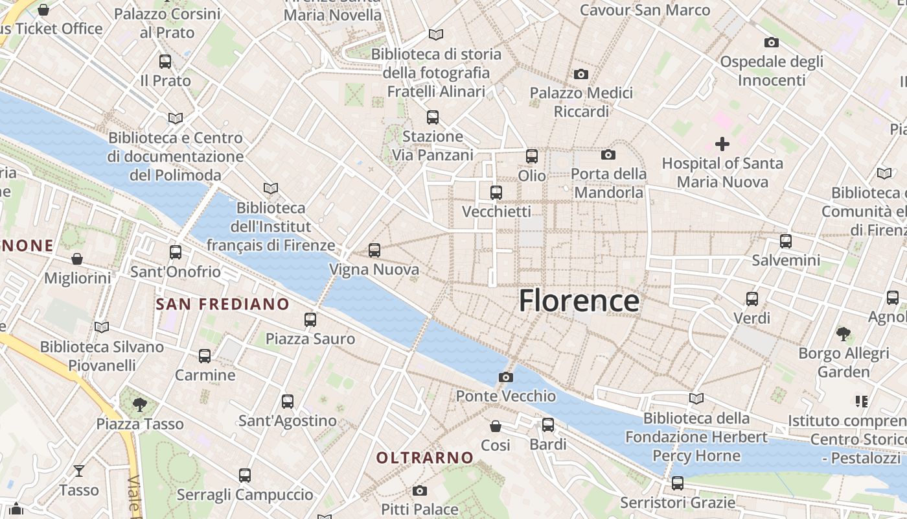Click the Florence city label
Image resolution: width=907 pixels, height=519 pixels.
pyautogui.click(x=579, y=302)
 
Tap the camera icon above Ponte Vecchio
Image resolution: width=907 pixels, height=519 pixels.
pyautogui.click(x=506, y=377)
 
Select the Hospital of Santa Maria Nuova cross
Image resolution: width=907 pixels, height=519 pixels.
pyautogui.click(x=722, y=144)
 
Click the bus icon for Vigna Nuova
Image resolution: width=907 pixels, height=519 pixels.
pyautogui.click(x=374, y=250)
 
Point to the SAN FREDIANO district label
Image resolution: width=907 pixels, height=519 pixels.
pyautogui.click(x=223, y=304)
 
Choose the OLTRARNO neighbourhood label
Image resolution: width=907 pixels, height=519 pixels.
pyautogui.click(x=425, y=457)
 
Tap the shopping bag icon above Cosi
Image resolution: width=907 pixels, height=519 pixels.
pyautogui.click(x=496, y=426)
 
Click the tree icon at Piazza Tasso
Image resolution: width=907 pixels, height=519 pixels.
pyautogui.click(x=139, y=405)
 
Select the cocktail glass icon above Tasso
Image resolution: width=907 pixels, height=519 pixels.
pyautogui.click(x=79, y=470)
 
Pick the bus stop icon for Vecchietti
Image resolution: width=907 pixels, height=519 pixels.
pyautogui.click(x=496, y=192)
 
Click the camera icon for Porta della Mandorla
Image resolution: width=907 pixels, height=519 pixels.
pyautogui.click(x=608, y=154)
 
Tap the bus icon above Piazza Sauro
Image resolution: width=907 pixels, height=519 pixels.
pyautogui.click(x=310, y=319)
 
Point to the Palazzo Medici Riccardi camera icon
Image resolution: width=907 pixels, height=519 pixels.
pyautogui.click(x=581, y=74)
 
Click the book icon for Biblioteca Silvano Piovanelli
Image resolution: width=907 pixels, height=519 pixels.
pyautogui.click(x=102, y=327)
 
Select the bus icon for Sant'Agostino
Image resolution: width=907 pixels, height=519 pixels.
pyautogui.click(x=288, y=402)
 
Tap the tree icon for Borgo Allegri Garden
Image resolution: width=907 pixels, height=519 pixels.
pyautogui.click(x=843, y=334)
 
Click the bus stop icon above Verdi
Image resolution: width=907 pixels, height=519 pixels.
pyautogui.click(x=752, y=299)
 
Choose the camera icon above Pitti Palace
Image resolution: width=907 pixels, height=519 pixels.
pyautogui.click(x=420, y=490)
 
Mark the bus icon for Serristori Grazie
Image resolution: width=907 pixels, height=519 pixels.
pyautogui.click(x=678, y=483)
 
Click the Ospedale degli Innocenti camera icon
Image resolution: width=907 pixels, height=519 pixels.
pyautogui.click(x=771, y=43)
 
